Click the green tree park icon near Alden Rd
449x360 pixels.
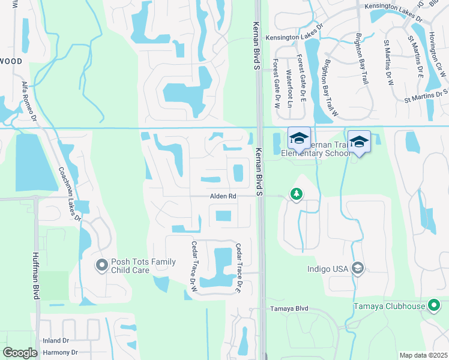tap(296, 194)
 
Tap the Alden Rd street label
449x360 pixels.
tap(223, 196)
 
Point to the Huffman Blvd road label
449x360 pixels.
tap(34, 275)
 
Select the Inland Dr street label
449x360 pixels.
tap(55, 341)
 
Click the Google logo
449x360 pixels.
tap(20, 353)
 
